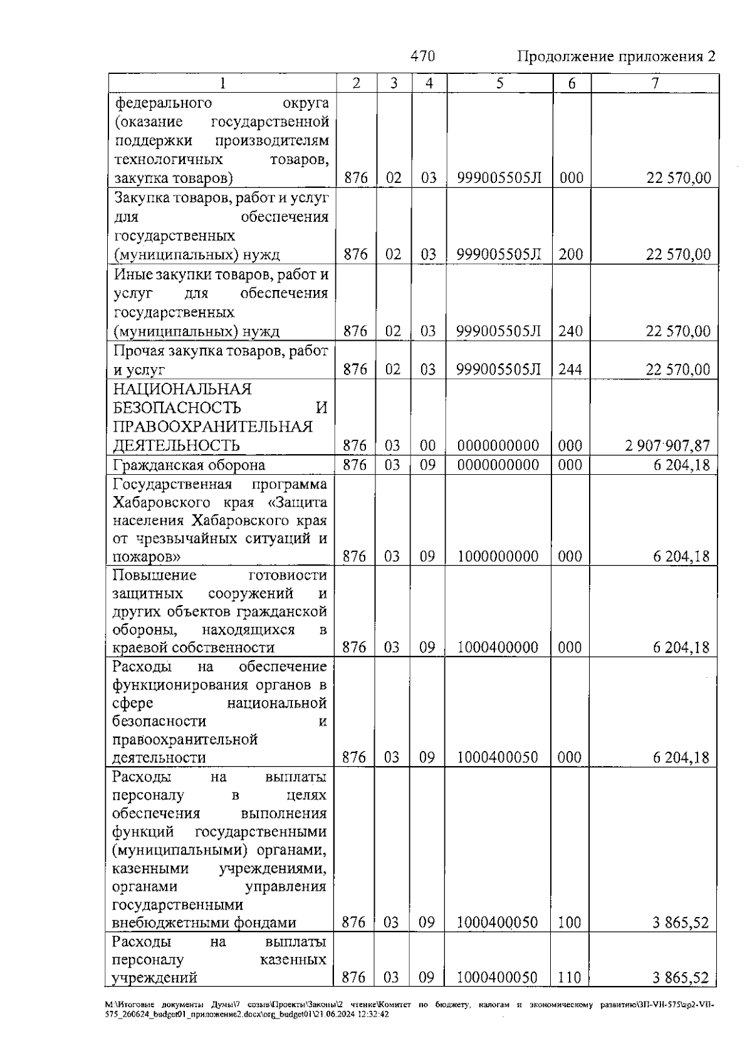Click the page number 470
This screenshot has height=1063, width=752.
click(x=422, y=56)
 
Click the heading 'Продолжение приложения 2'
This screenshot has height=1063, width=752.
click(x=616, y=57)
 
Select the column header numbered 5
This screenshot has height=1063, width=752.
click(x=499, y=83)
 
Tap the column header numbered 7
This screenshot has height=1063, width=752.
click(x=655, y=83)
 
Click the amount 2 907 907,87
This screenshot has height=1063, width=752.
click(x=667, y=446)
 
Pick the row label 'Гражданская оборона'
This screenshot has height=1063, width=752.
click(x=189, y=465)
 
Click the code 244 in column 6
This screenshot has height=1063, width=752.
click(x=571, y=370)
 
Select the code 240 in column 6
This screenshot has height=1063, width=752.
click(x=571, y=331)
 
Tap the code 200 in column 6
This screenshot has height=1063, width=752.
click(x=571, y=255)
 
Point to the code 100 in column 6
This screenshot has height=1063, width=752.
click(x=570, y=923)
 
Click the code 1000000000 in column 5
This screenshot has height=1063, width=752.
click(x=498, y=556)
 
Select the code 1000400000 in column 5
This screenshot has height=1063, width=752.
click(x=498, y=648)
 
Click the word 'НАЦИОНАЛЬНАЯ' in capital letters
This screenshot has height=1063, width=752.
click(x=182, y=390)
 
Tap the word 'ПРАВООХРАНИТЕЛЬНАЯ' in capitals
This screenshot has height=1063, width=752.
click(x=212, y=427)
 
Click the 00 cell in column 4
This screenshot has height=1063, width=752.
click(x=428, y=446)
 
